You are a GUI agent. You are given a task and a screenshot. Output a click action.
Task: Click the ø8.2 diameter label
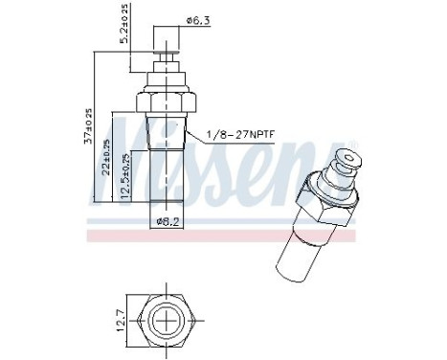tap(168, 222)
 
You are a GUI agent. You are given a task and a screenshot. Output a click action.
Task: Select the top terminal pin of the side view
tap(167, 48)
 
